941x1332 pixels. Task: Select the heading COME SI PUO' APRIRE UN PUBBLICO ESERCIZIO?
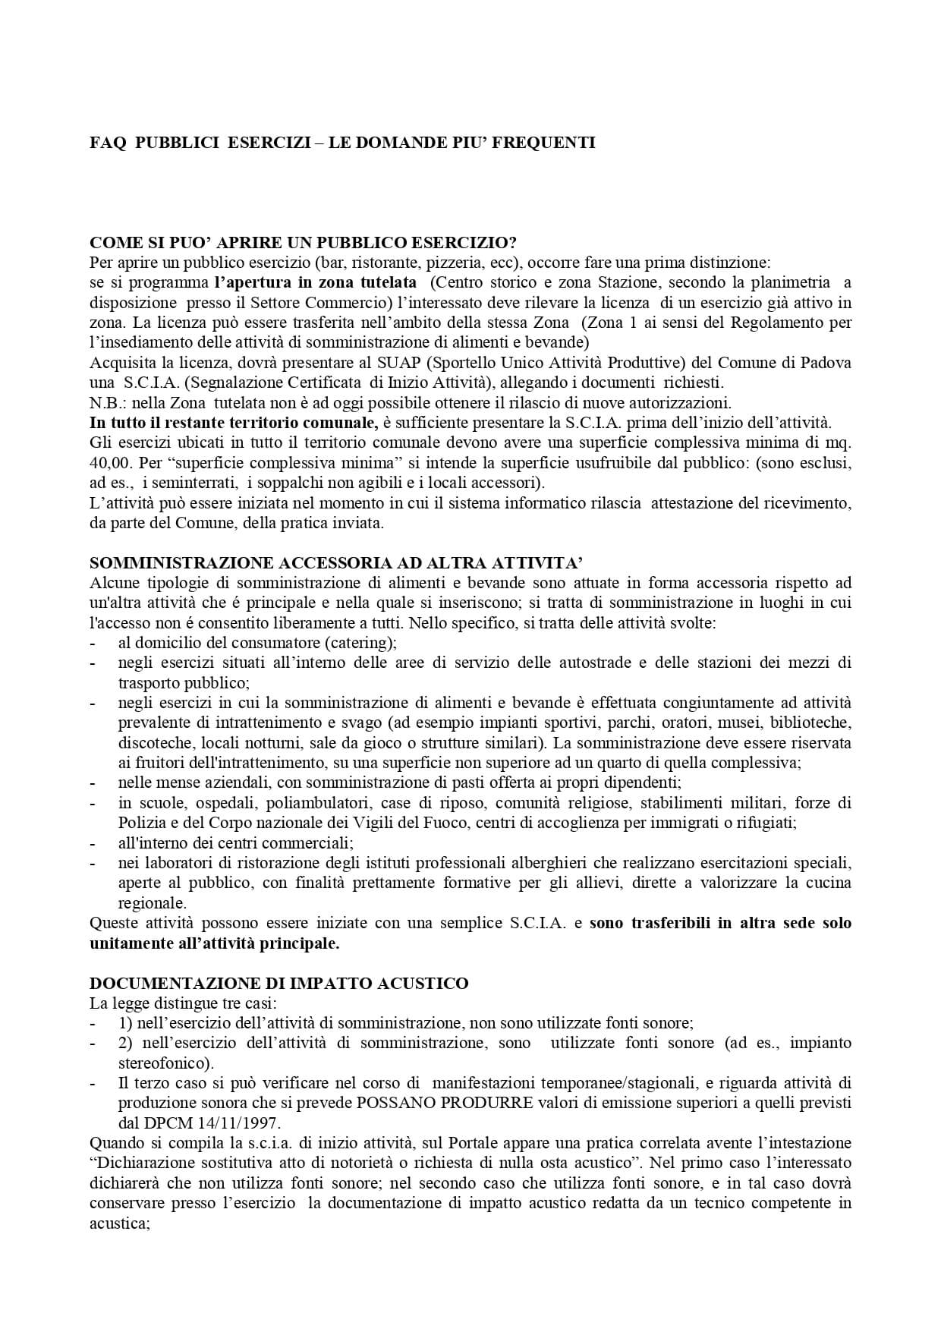(x=304, y=243)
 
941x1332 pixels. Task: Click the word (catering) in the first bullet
(x=360, y=643)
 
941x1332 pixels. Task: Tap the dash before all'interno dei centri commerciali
(x=93, y=842)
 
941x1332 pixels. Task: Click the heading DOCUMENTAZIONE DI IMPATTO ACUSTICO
(x=279, y=984)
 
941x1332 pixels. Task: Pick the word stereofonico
(x=166, y=1063)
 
